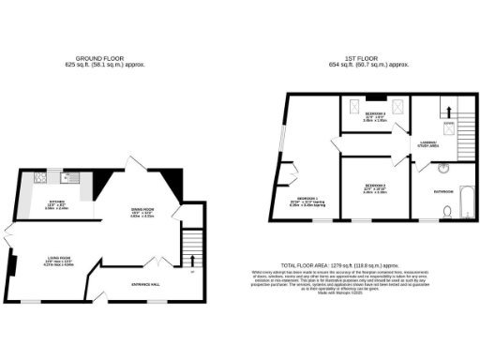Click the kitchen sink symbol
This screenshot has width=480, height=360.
[66, 175]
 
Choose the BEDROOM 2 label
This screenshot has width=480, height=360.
[375, 186]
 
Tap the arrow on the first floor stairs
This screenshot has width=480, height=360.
[447, 109]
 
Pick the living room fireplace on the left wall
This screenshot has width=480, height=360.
[12, 266]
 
